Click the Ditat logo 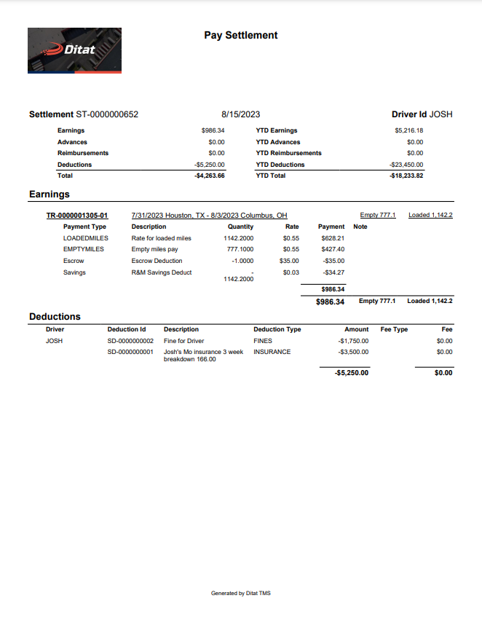(x=74, y=50)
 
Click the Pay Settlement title (x=240, y=35)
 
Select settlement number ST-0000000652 (x=106, y=114)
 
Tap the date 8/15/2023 (x=240, y=114)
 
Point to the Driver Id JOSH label (x=422, y=114)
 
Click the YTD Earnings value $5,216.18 (x=408, y=130)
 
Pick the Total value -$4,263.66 (x=210, y=176)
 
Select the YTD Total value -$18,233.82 (x=406, y=176)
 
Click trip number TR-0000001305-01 (x=77, y=216)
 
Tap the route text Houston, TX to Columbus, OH (x=209, y=216)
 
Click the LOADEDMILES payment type (x=85, y=238)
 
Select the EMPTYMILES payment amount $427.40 (x=333, y=249)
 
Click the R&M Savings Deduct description (x=162, y=272)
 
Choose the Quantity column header (x=240, y=227)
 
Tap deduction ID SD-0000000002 (x=130, y=341)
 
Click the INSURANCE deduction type (x=272, y=352)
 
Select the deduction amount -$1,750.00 (x=354, y=341)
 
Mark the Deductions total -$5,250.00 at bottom (x=352, y=373)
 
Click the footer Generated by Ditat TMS (x=240, y=593)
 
